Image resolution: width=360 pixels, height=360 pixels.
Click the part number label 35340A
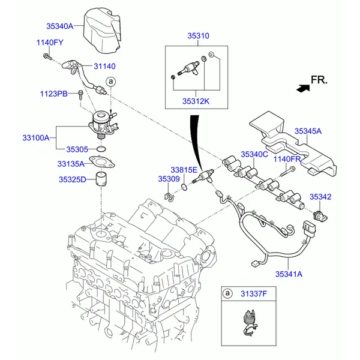59,26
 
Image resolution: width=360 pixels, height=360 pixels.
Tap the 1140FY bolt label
50,43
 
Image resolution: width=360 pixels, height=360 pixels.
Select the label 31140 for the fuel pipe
104,67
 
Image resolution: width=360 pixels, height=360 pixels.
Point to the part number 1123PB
54,94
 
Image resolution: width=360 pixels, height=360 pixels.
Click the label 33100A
36,138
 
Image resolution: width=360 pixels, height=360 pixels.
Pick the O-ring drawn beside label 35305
101,149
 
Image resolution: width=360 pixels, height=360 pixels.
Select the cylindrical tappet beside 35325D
101,179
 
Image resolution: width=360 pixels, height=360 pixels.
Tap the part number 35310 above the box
199,36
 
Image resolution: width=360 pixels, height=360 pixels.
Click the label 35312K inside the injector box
196,101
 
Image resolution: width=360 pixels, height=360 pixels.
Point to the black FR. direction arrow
303,88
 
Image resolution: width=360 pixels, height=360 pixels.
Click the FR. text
319,80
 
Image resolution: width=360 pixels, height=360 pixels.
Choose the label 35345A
308,131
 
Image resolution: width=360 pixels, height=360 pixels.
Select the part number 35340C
254,154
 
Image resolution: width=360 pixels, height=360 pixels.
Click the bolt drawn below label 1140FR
287,171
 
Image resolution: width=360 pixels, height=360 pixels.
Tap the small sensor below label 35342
320,216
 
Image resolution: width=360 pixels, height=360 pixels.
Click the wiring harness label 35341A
289,274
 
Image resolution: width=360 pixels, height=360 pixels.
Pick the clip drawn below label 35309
169,197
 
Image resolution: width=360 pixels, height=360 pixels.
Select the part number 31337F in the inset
254,293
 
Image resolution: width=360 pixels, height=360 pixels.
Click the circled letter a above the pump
111,82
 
